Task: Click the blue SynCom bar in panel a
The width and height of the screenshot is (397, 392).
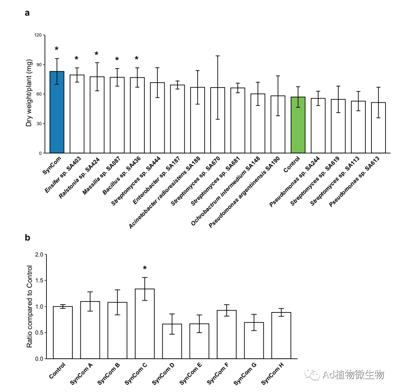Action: (57, 112)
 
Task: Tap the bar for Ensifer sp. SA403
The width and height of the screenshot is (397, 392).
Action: (77, 114)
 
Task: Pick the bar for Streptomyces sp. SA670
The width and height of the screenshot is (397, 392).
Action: (218, 120)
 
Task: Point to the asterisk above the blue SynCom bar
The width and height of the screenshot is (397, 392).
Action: (57, 49)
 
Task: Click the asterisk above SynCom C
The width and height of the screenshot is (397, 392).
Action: (145, 268)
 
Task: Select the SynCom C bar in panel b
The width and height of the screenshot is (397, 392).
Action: (145, 323)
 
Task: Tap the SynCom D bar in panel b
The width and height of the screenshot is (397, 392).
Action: (172, 341)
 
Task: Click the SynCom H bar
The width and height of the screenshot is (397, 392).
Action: (281, 335)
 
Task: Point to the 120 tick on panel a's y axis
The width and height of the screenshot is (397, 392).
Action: (38, 35)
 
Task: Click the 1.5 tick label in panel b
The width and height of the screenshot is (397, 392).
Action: (38, 280)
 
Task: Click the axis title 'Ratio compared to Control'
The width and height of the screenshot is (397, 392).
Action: (29, 306)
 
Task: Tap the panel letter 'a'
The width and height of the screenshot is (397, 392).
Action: (27, 13)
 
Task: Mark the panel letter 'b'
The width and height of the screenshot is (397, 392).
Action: (27, 238)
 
